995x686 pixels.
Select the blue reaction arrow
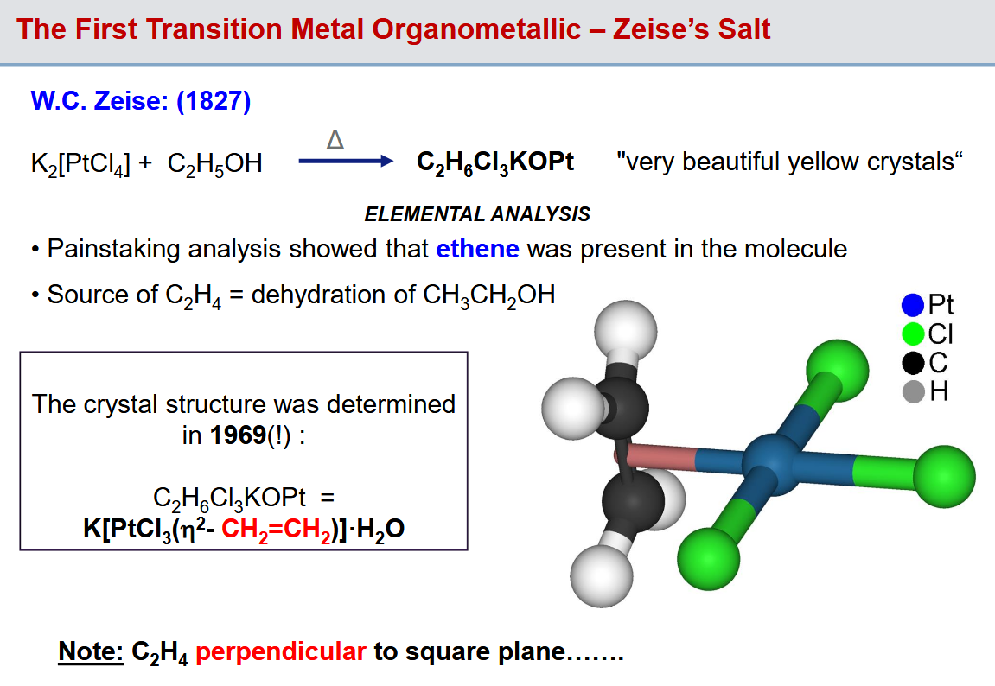click(x=346, y=161)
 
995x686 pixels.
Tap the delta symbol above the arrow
click(x=335, y=139)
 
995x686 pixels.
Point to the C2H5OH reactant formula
click(x=214, y=164)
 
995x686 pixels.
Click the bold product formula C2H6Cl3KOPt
click(x=495, y=163)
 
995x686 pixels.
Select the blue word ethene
click(x=478, y=249)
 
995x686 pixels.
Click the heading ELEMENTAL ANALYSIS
click(x=477, y=214)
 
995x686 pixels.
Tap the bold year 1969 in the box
click(x=238, y=435)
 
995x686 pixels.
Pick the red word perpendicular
click(x=280, y=652)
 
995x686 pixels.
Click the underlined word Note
click(x=91, y=651)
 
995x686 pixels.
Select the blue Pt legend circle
click(x=913, y=305)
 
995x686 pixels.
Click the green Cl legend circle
click(x=913, y=333)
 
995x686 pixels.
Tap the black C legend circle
click(x=913, y=363)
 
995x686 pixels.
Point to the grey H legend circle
click(x=913, y=392)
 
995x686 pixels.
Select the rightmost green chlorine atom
click(x=944, y=477)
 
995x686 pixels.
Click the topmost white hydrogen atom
click(x=626, y=332)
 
